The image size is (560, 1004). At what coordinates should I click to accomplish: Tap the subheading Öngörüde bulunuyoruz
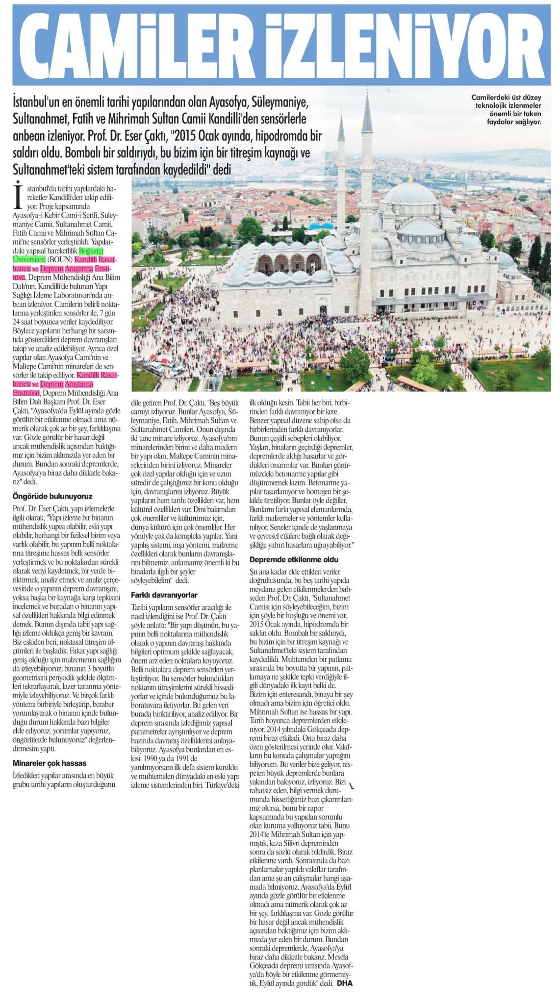pyautogui.click(x=52, y=496)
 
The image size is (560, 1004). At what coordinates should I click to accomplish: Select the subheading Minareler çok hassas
pyautogui.click(x=49, y=763)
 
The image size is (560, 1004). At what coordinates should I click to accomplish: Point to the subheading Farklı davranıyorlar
pyautogui.click(x=164, y=595)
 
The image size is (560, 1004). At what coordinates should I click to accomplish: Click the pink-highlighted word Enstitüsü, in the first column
pyautogui.click(x=26, y=393)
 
